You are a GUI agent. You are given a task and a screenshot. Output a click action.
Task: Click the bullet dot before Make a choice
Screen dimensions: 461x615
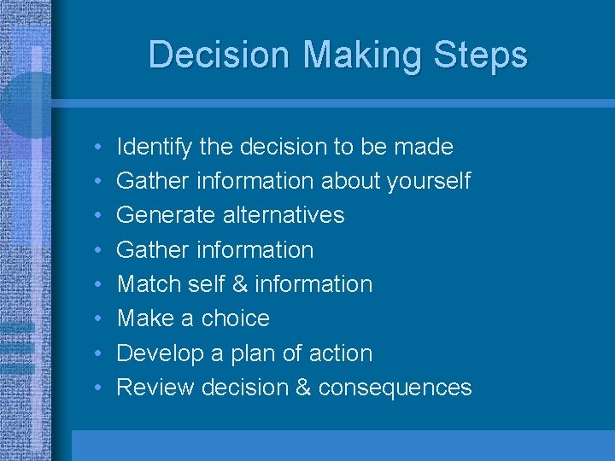[x=99, y=319]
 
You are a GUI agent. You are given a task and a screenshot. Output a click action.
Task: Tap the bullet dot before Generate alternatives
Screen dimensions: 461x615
[x=99, y=216]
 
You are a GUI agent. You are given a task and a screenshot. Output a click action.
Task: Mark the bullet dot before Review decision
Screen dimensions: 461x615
[x=99, y=388]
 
